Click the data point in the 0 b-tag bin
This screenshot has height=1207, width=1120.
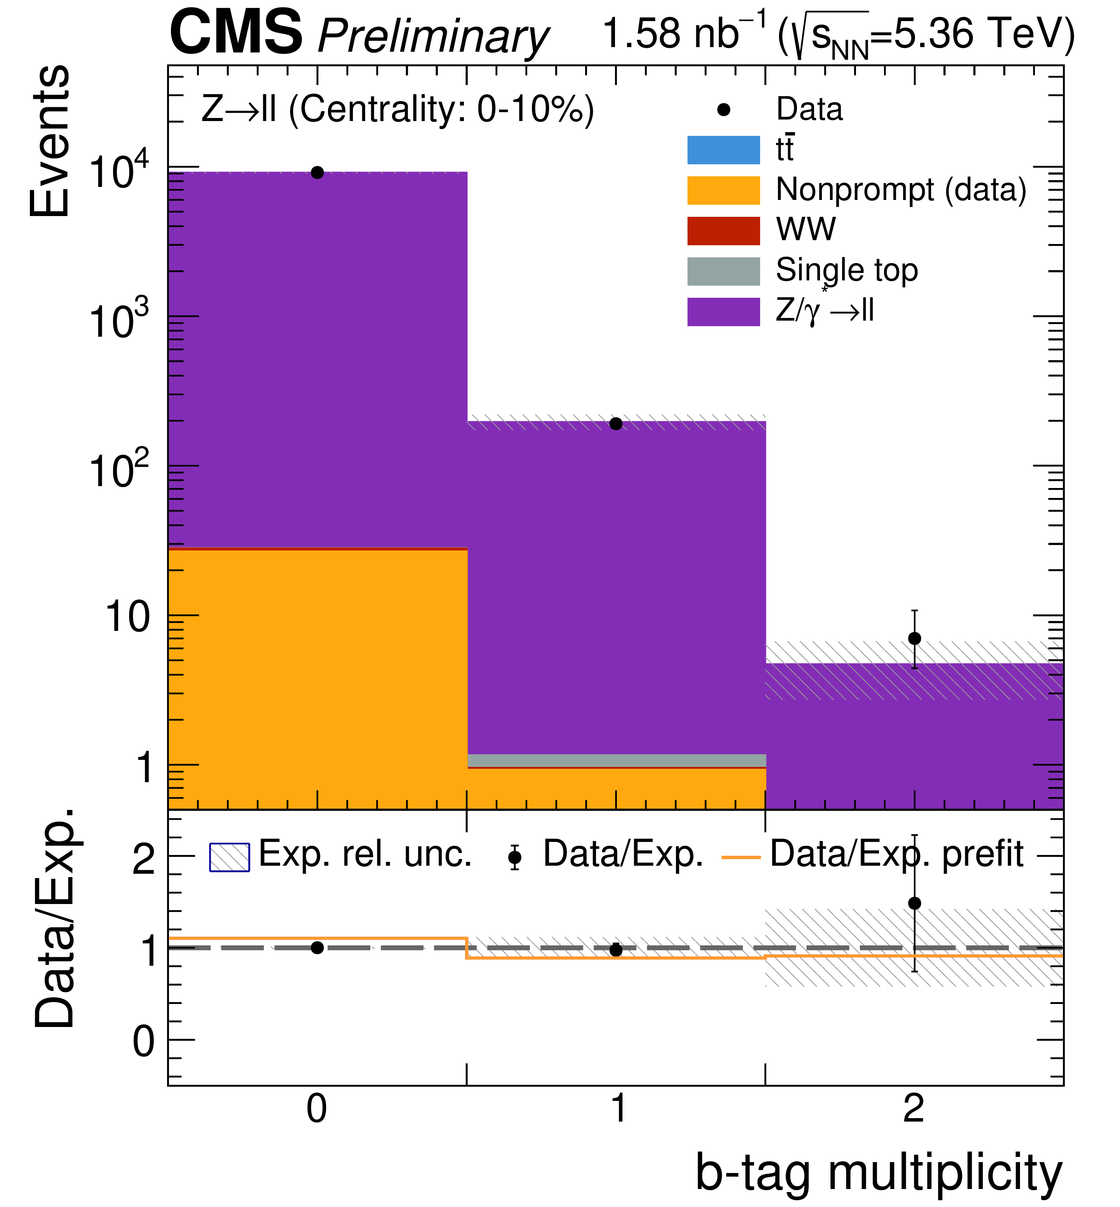317,173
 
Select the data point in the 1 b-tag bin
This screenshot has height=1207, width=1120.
616,424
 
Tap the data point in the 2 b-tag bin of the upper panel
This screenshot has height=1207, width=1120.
915,639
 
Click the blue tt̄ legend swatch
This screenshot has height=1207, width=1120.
723,150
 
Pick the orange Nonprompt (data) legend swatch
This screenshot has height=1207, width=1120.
723,190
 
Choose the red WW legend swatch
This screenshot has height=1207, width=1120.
723,231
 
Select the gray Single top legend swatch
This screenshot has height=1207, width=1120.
723,271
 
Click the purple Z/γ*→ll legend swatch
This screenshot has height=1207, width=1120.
723,311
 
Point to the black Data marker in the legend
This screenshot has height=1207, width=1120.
723,110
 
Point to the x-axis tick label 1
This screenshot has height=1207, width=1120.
618,1109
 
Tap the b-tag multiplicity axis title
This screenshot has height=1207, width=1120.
878,1173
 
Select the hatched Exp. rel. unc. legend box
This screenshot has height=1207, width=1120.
229,857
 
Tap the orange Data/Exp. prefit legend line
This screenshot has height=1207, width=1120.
741,857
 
